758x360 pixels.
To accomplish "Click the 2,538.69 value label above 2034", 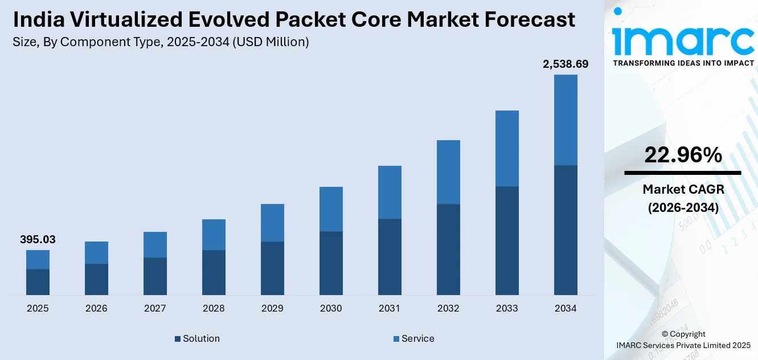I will pyautogui.click(x=566, y=64).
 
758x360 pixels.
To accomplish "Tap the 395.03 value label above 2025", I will pyautogui.click(x=38, y=240).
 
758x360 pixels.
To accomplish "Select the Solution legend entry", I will pyautogui.click(x=197, y=338).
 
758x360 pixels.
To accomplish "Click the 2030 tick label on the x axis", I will pyautogui.click(x=331, y=308).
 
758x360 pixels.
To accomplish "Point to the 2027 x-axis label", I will pyautogui.click(x=155, y=308).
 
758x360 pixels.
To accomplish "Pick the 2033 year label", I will pyautogui.click(x=507, y=308).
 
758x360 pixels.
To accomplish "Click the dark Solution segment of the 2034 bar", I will pyautogui.click(x=566, y=230).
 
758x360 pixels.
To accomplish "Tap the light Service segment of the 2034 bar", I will pyautogui.click(x=566, y=120).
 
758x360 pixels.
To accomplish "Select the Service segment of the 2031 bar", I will pyautogui.click(x=390, y=192).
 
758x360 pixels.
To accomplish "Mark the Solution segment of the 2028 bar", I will pyautogui.click(x=214, y=272).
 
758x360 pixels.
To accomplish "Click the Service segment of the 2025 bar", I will pyautogui.click(x=38, y=259).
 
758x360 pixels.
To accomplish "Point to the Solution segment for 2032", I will pyautogui.click(x=448, y=249).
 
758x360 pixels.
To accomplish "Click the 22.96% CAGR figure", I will pyautogui.click(x=683, y=155).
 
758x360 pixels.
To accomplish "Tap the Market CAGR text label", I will pyautogui.click(x=683, y=189).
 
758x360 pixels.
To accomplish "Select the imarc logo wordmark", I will pyautogui.click(x=683, y=40).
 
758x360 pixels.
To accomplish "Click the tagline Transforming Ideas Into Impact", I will pyautogui.click(x=683, y=63).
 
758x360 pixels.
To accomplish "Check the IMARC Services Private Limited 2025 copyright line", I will pyautogui.click(x=683, y=345).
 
